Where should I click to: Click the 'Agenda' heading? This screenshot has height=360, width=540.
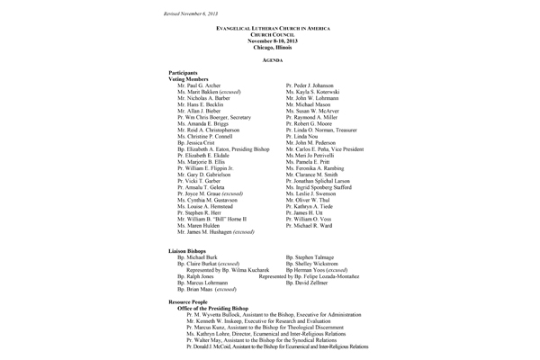pos(271,58)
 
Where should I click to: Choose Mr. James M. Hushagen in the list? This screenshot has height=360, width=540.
pos(217,231)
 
